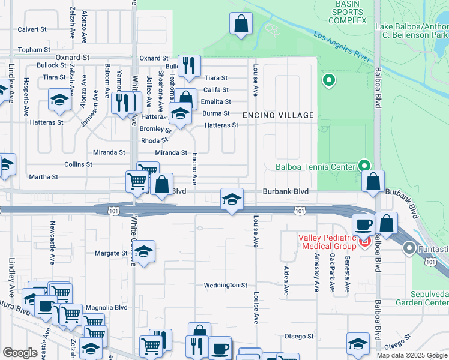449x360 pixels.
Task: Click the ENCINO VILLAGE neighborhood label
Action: [x=278, y=115]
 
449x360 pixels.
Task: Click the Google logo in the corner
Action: [x=20, y=353]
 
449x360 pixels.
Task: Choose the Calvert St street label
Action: [x=32, y=29]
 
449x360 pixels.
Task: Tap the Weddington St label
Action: [x=225, y=285]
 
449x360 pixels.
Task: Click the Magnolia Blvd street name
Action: [x=107, y=307]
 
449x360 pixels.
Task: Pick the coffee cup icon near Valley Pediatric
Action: [x=363, y=224]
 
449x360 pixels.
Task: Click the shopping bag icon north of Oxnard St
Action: [x=241, y=25]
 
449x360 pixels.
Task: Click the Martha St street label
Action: [x=45, y=177]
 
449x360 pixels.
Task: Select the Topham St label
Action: [x=34, y=50]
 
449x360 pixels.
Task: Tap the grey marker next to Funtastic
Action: [x=409, y=248]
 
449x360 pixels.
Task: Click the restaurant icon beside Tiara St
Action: [x=189, y=66]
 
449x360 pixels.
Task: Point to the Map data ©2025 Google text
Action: [x=411, y=355]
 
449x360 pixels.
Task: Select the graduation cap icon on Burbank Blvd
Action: [x=231, y=199]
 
